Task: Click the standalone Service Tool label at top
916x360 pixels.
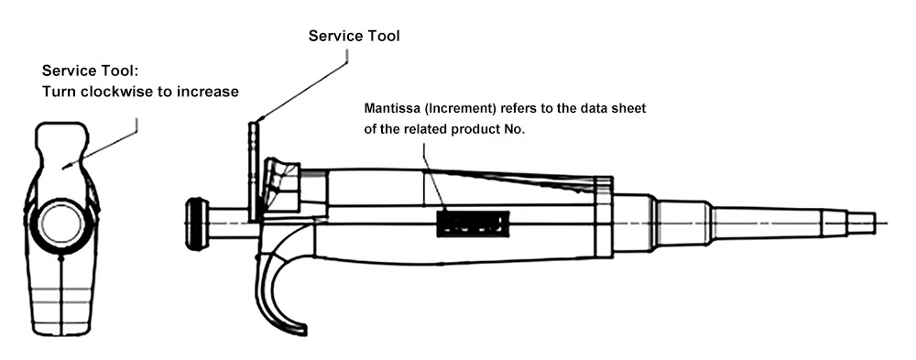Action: pos(354,37)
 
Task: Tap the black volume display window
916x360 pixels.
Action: pos(474,224)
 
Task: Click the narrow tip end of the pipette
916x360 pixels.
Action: pos(862,223)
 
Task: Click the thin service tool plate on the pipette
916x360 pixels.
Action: pos(253,172)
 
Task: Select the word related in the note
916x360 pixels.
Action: pos(427,130)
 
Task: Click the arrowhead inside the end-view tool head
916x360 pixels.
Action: pos(66,167)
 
